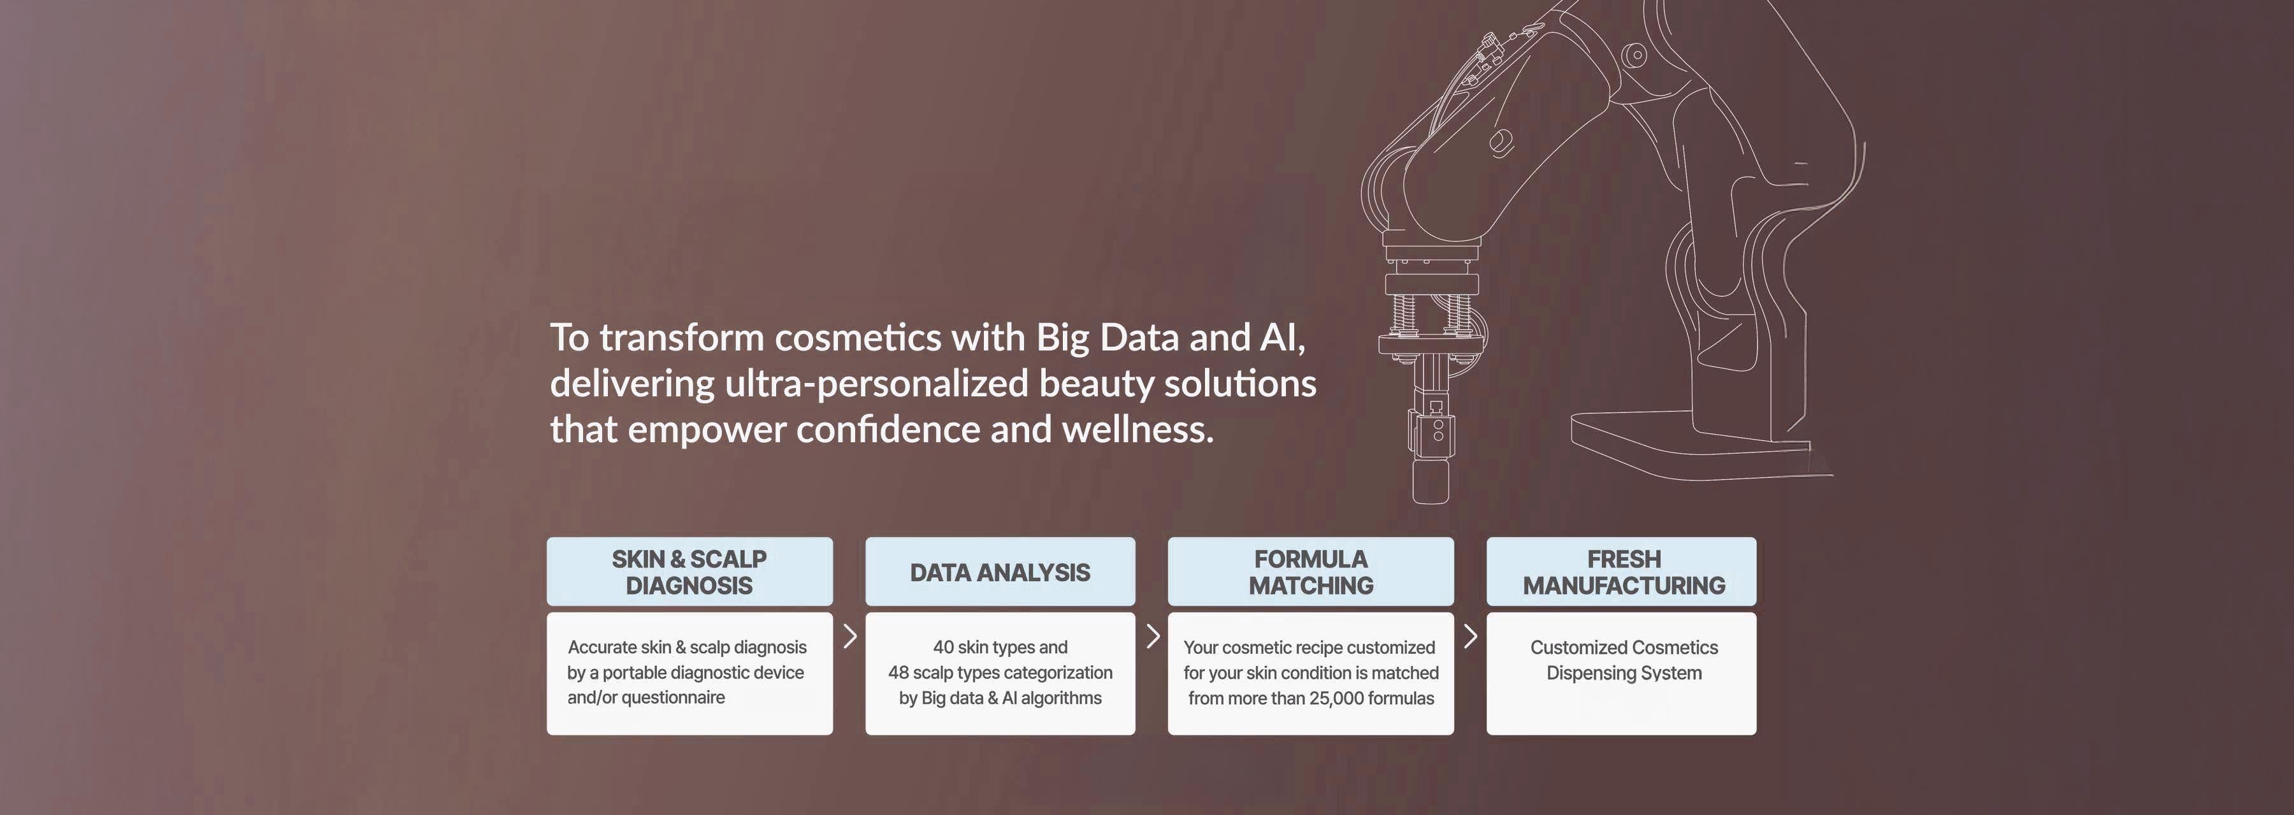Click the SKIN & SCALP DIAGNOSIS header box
690,572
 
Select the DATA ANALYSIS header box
1000,572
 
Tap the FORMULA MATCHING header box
1311,572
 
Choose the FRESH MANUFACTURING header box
1622,572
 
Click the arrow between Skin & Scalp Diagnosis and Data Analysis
849,636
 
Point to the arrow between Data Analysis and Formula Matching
1152,636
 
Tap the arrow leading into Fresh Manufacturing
1470,636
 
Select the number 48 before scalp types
898,672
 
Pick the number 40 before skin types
943,647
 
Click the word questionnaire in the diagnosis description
674,697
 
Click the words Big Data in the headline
1107,338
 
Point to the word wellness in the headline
1138,429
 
